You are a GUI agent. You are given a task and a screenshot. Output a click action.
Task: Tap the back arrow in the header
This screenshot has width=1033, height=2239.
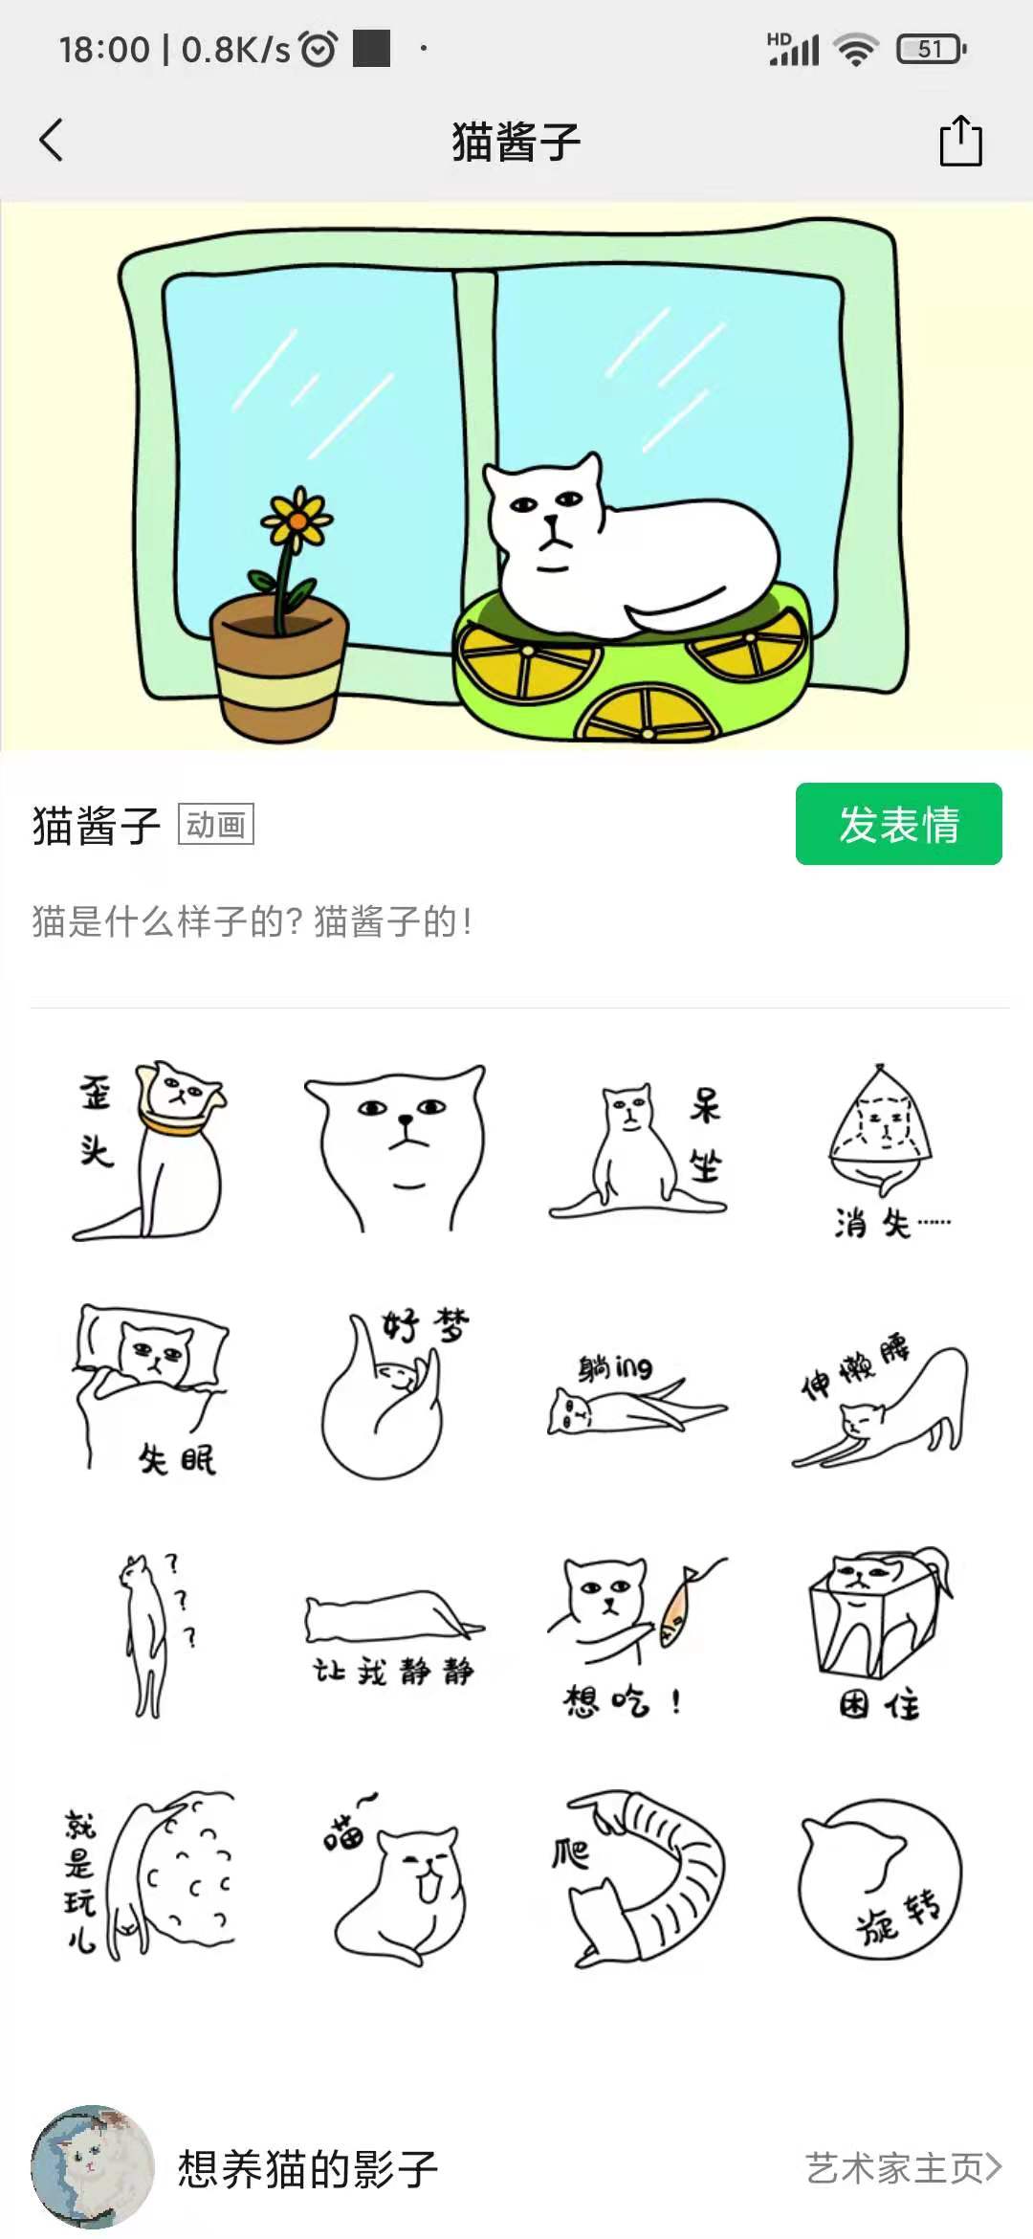(52, 141)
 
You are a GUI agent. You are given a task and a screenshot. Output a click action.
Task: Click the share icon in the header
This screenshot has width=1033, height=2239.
(960, 141)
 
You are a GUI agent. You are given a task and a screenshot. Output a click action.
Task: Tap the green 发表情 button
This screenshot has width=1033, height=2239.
(898, 824)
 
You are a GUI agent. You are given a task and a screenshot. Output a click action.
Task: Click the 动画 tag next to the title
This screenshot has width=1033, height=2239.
(216, 824)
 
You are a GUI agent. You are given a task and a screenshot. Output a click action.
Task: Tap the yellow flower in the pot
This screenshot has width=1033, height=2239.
(297, 520)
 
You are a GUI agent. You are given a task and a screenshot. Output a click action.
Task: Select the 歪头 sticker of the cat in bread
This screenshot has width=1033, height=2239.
(150, 1148)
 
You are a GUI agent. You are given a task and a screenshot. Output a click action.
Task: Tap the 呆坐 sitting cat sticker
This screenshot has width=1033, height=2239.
(638, 1148)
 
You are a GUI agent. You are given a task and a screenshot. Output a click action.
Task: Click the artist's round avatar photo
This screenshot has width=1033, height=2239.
(93, 2166)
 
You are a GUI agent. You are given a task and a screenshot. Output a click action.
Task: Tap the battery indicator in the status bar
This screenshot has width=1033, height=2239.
(931, 49)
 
